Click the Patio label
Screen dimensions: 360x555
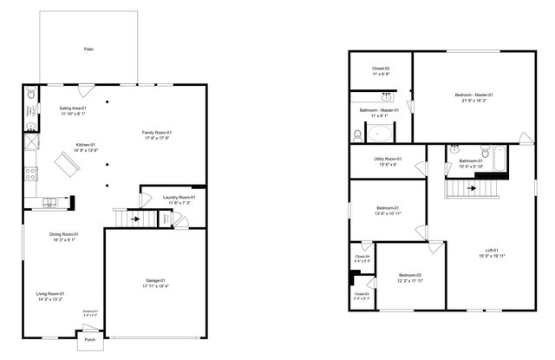point(89,49)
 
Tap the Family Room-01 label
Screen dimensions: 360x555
point(156,132)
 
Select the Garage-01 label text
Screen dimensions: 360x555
point(156,280)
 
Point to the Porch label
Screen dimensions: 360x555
point(89,340)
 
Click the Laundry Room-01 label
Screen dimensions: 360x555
point(179,197)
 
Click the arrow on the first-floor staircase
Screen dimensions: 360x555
point(133,219)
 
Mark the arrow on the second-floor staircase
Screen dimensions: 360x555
point(472,187)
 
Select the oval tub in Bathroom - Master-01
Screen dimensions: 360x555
point(382,134)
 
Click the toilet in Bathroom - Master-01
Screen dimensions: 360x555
point(357,134)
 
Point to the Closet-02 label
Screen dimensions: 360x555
point(381,68)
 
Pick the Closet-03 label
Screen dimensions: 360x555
point(362,294)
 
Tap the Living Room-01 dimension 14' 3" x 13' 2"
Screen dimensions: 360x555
point(49,299)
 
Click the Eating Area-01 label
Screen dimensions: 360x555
point(73,108)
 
